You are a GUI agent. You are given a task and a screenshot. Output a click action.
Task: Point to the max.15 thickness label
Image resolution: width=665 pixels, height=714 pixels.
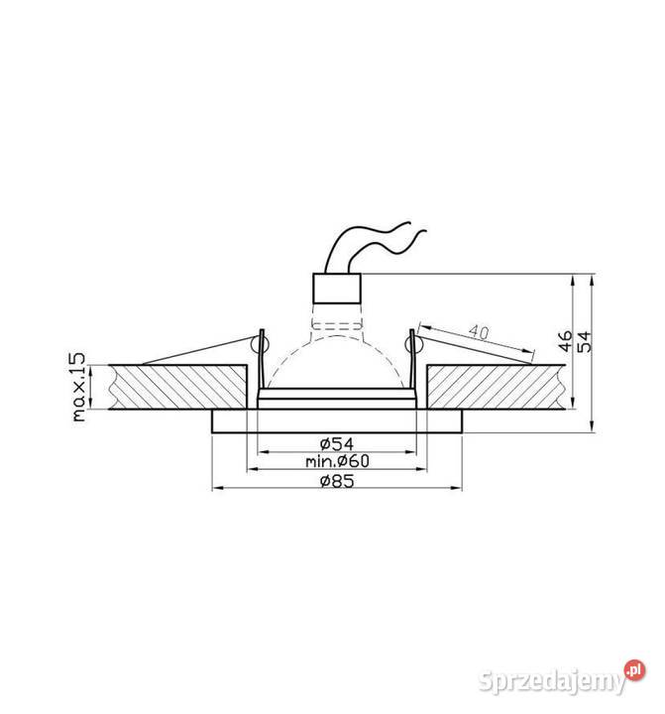tap(80, 387)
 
